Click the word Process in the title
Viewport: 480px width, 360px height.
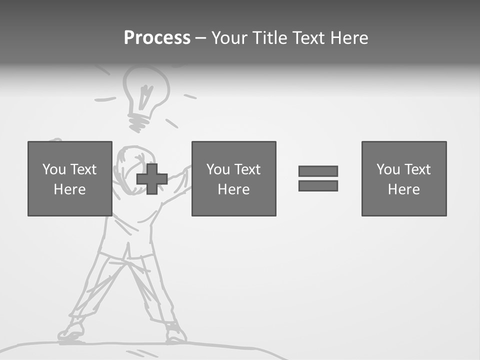(x=157, y=38)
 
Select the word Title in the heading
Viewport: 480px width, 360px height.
(x=270, y=38)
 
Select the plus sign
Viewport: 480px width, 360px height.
(x=152, y=178)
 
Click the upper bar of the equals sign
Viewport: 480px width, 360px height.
(x=318, y=171)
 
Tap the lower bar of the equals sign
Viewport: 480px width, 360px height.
(x=318, y=185)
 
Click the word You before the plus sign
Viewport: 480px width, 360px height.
(x=54, y=169)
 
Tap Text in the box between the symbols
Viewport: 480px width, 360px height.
(x=247, y=169)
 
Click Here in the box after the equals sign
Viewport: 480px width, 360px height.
(x=403, y=189)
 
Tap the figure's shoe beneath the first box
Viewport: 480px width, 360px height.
(x=71, y=332)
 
